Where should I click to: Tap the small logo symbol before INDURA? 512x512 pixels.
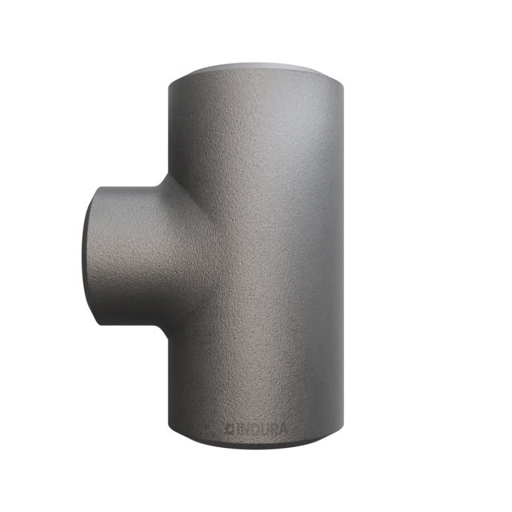tap(228, 428)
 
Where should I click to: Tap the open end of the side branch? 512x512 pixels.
tap(90, 254)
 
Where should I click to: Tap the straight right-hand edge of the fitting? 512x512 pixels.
tap(346, 256)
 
